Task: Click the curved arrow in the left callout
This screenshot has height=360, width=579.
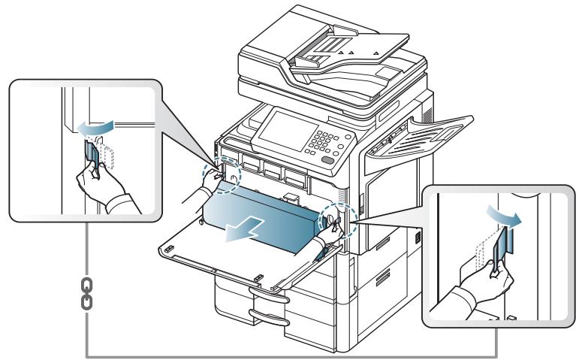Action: [x=94, y=129]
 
